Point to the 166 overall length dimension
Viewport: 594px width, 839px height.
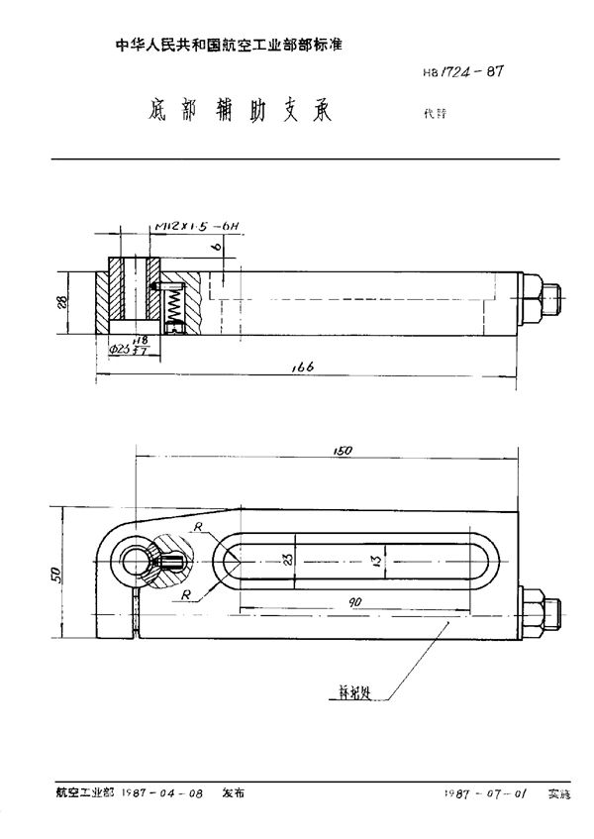(x=303, y=367)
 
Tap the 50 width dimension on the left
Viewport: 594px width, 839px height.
(x=55, y=574)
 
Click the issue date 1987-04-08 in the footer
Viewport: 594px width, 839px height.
(x=164, y=792)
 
